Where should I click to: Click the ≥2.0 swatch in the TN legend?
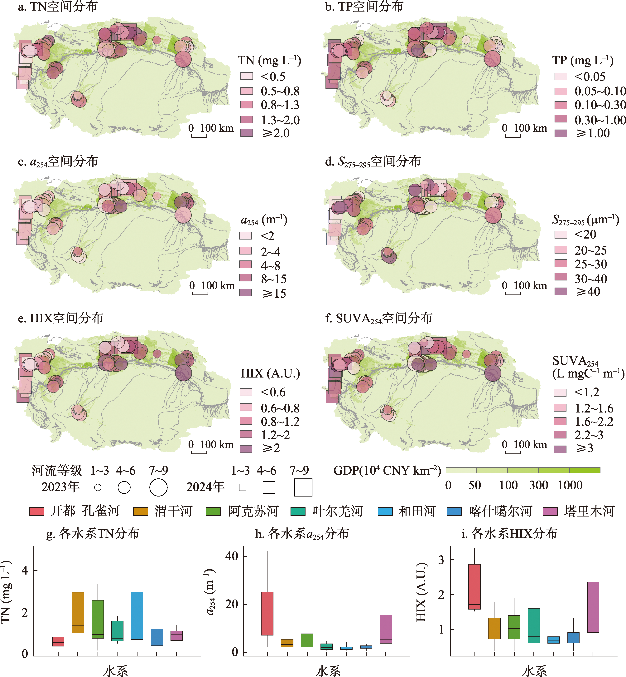click(247, 133)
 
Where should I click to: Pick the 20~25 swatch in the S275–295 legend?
click(561, 250)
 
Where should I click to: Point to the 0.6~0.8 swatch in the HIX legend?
click(246, 407)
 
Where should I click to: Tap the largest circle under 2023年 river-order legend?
click(158, 487)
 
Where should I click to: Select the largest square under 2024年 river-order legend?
click(303, 487)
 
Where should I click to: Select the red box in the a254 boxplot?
click(267, 614)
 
